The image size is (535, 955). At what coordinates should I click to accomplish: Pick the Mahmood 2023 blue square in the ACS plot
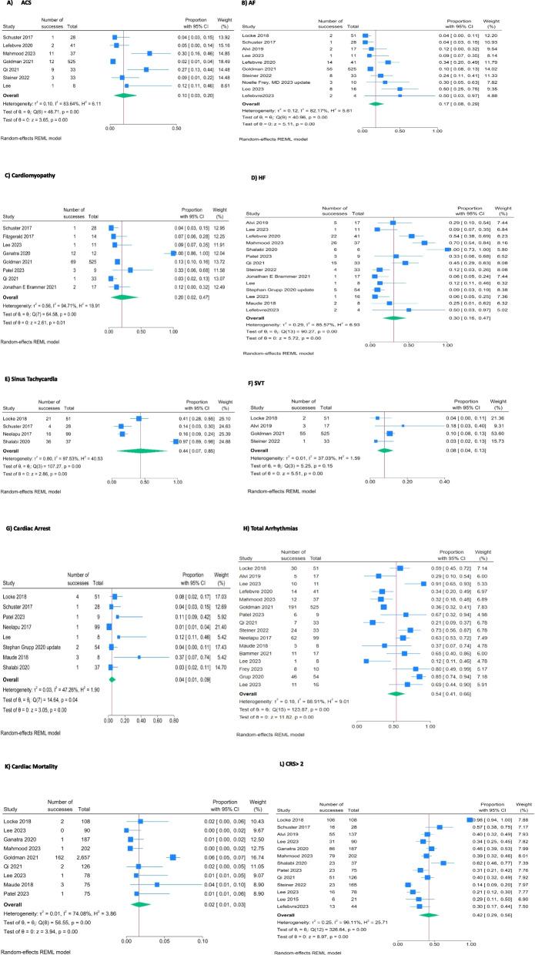click(149, 54)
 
